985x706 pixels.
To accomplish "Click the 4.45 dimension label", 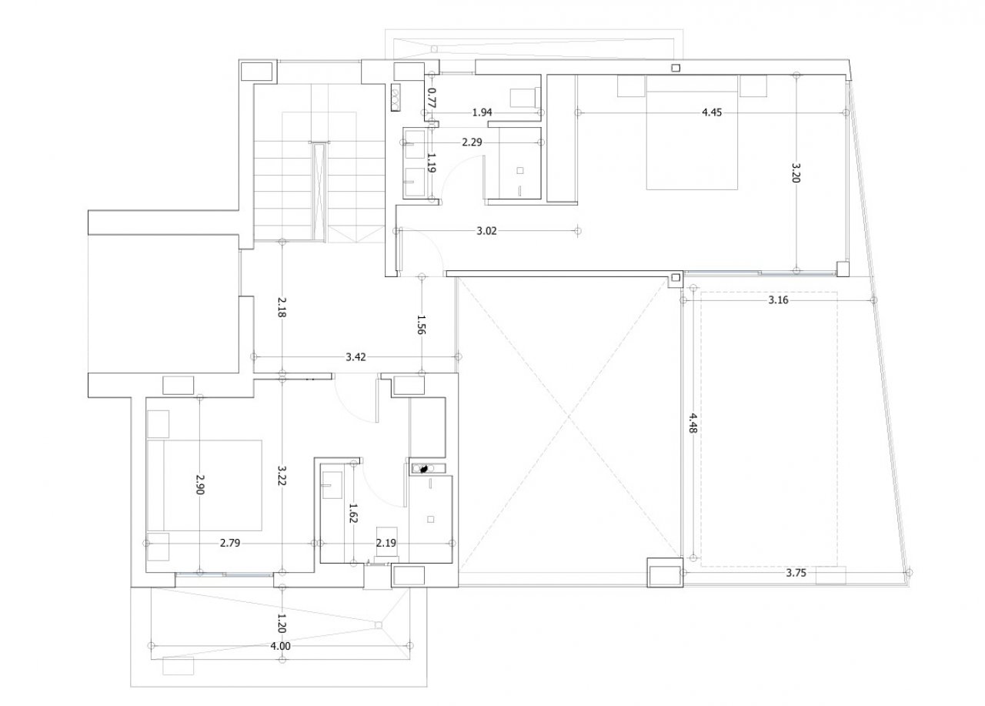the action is tap(712, 112).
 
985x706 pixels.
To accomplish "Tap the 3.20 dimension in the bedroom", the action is tap(796, 172).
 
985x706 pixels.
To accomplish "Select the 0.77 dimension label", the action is tap(432, 98).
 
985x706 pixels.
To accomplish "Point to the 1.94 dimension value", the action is tap(482, 112).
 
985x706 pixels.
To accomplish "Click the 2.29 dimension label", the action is tap(472, 142).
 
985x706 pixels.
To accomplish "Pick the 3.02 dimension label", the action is tap(486, 231).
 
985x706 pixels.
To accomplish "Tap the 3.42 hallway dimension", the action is tap(356, 357).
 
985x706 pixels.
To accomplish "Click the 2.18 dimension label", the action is tap(282, 306).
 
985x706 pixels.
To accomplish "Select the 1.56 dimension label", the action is tap(421, 325).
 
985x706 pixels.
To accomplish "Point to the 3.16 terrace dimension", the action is tap(778, 300).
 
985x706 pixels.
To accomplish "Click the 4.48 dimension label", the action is tap(693, 423).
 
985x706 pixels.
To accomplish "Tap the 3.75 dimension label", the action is tap(796, 573).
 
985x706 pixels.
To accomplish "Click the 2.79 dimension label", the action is tap(230, 544).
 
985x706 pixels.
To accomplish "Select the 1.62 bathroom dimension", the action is tap(353, 513).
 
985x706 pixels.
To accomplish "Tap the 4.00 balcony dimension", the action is tap(281, 646).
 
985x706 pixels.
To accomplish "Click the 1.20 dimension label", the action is tap(282, 624).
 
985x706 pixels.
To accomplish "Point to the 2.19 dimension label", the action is tap(386, 544).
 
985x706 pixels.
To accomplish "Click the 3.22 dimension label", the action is tap(282, 476).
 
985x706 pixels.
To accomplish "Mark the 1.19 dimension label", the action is tap(432, 162).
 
